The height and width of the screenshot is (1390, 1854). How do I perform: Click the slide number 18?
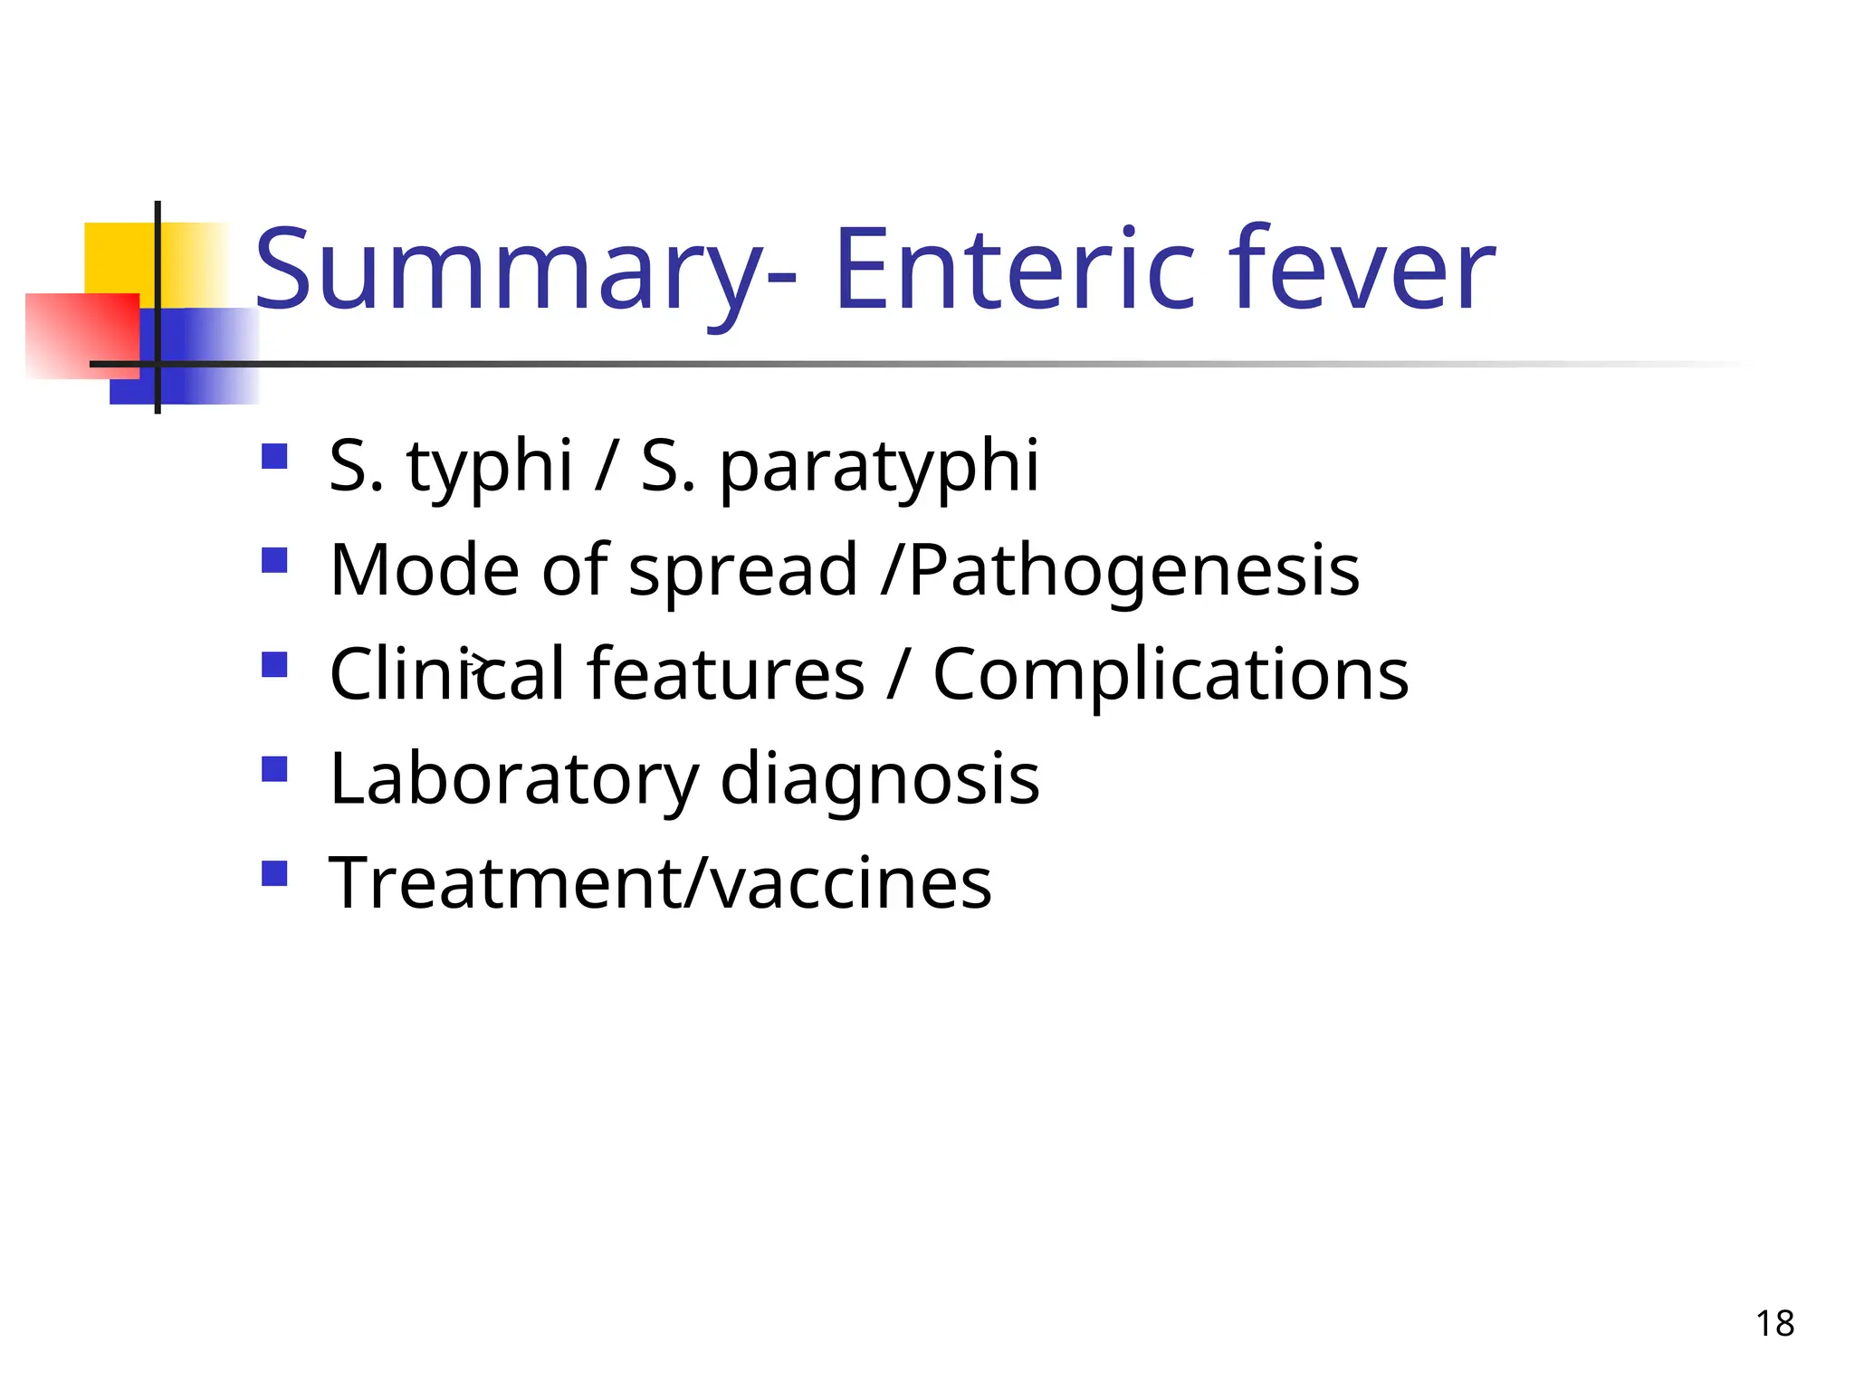pyautogui.click(x=1774, y=1324)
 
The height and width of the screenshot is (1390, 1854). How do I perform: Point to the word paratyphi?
pyautogui.click(x=879, y=467)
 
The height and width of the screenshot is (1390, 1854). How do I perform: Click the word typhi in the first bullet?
pyautogui.click(x=490, y=467)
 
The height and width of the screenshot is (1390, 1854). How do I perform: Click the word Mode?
pyautogui.click(x=425, y=570)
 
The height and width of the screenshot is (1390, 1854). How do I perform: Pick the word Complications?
pyautogui.click(x=1171, y=675)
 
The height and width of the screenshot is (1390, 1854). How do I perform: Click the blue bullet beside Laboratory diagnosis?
pyautogui.click(x=274, y=769)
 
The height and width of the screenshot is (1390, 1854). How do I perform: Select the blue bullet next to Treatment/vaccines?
pyautogui.click(x=274, y=873)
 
